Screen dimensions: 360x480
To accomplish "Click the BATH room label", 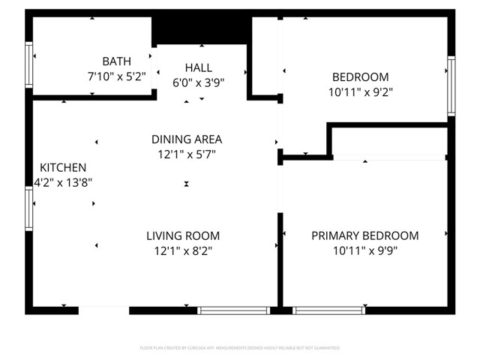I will [116, 61].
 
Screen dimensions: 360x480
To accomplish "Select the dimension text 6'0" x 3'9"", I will [199, 83].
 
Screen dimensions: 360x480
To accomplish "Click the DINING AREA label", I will [187, 139].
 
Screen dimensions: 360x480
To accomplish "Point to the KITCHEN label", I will [63, 168].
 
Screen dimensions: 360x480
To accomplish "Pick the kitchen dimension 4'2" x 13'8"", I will [63, 182].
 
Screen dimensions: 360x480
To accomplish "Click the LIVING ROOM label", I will [183, 236].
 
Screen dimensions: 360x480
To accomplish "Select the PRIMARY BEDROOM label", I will [365, 236].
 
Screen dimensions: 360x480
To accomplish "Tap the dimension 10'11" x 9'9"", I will [365, 251].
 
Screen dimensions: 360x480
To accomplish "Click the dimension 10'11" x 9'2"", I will [361, 91].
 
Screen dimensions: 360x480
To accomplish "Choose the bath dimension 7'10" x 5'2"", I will [116, 76].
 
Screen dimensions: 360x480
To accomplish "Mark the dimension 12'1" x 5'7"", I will [187, 154].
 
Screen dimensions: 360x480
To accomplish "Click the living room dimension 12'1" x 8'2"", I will [183, 251].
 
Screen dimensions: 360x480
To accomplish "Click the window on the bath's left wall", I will [29, 67].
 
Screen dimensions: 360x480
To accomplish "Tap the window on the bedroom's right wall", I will [451, 86].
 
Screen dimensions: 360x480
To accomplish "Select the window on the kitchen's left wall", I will [29, 208].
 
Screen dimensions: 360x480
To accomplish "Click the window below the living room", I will [233, 310].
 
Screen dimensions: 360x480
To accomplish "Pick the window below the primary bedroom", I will [328, 310].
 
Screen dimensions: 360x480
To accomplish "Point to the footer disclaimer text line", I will [240, 348].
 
